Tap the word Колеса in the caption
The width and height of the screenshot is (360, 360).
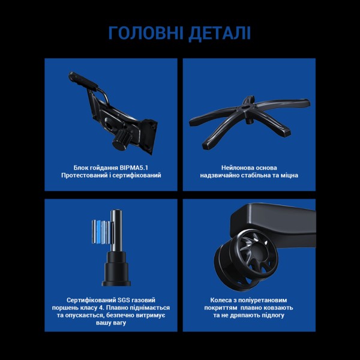coord(222,298)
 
